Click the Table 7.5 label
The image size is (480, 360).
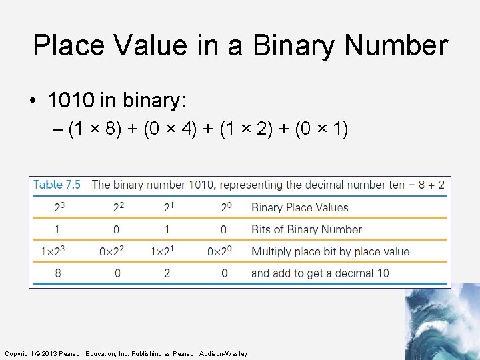click(x=57, y=185)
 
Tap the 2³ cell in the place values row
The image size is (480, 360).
click(x=59, y=207)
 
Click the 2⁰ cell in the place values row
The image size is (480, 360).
click(x=225, y=207)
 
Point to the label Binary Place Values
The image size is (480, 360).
click(x=299, y=207)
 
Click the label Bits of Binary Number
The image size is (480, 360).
click(x=306, y=229)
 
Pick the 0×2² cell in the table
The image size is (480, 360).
click(x=111, y=251)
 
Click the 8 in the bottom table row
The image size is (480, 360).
click(x=58, y=273)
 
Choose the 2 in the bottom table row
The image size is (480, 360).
click(x=167, y=273)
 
